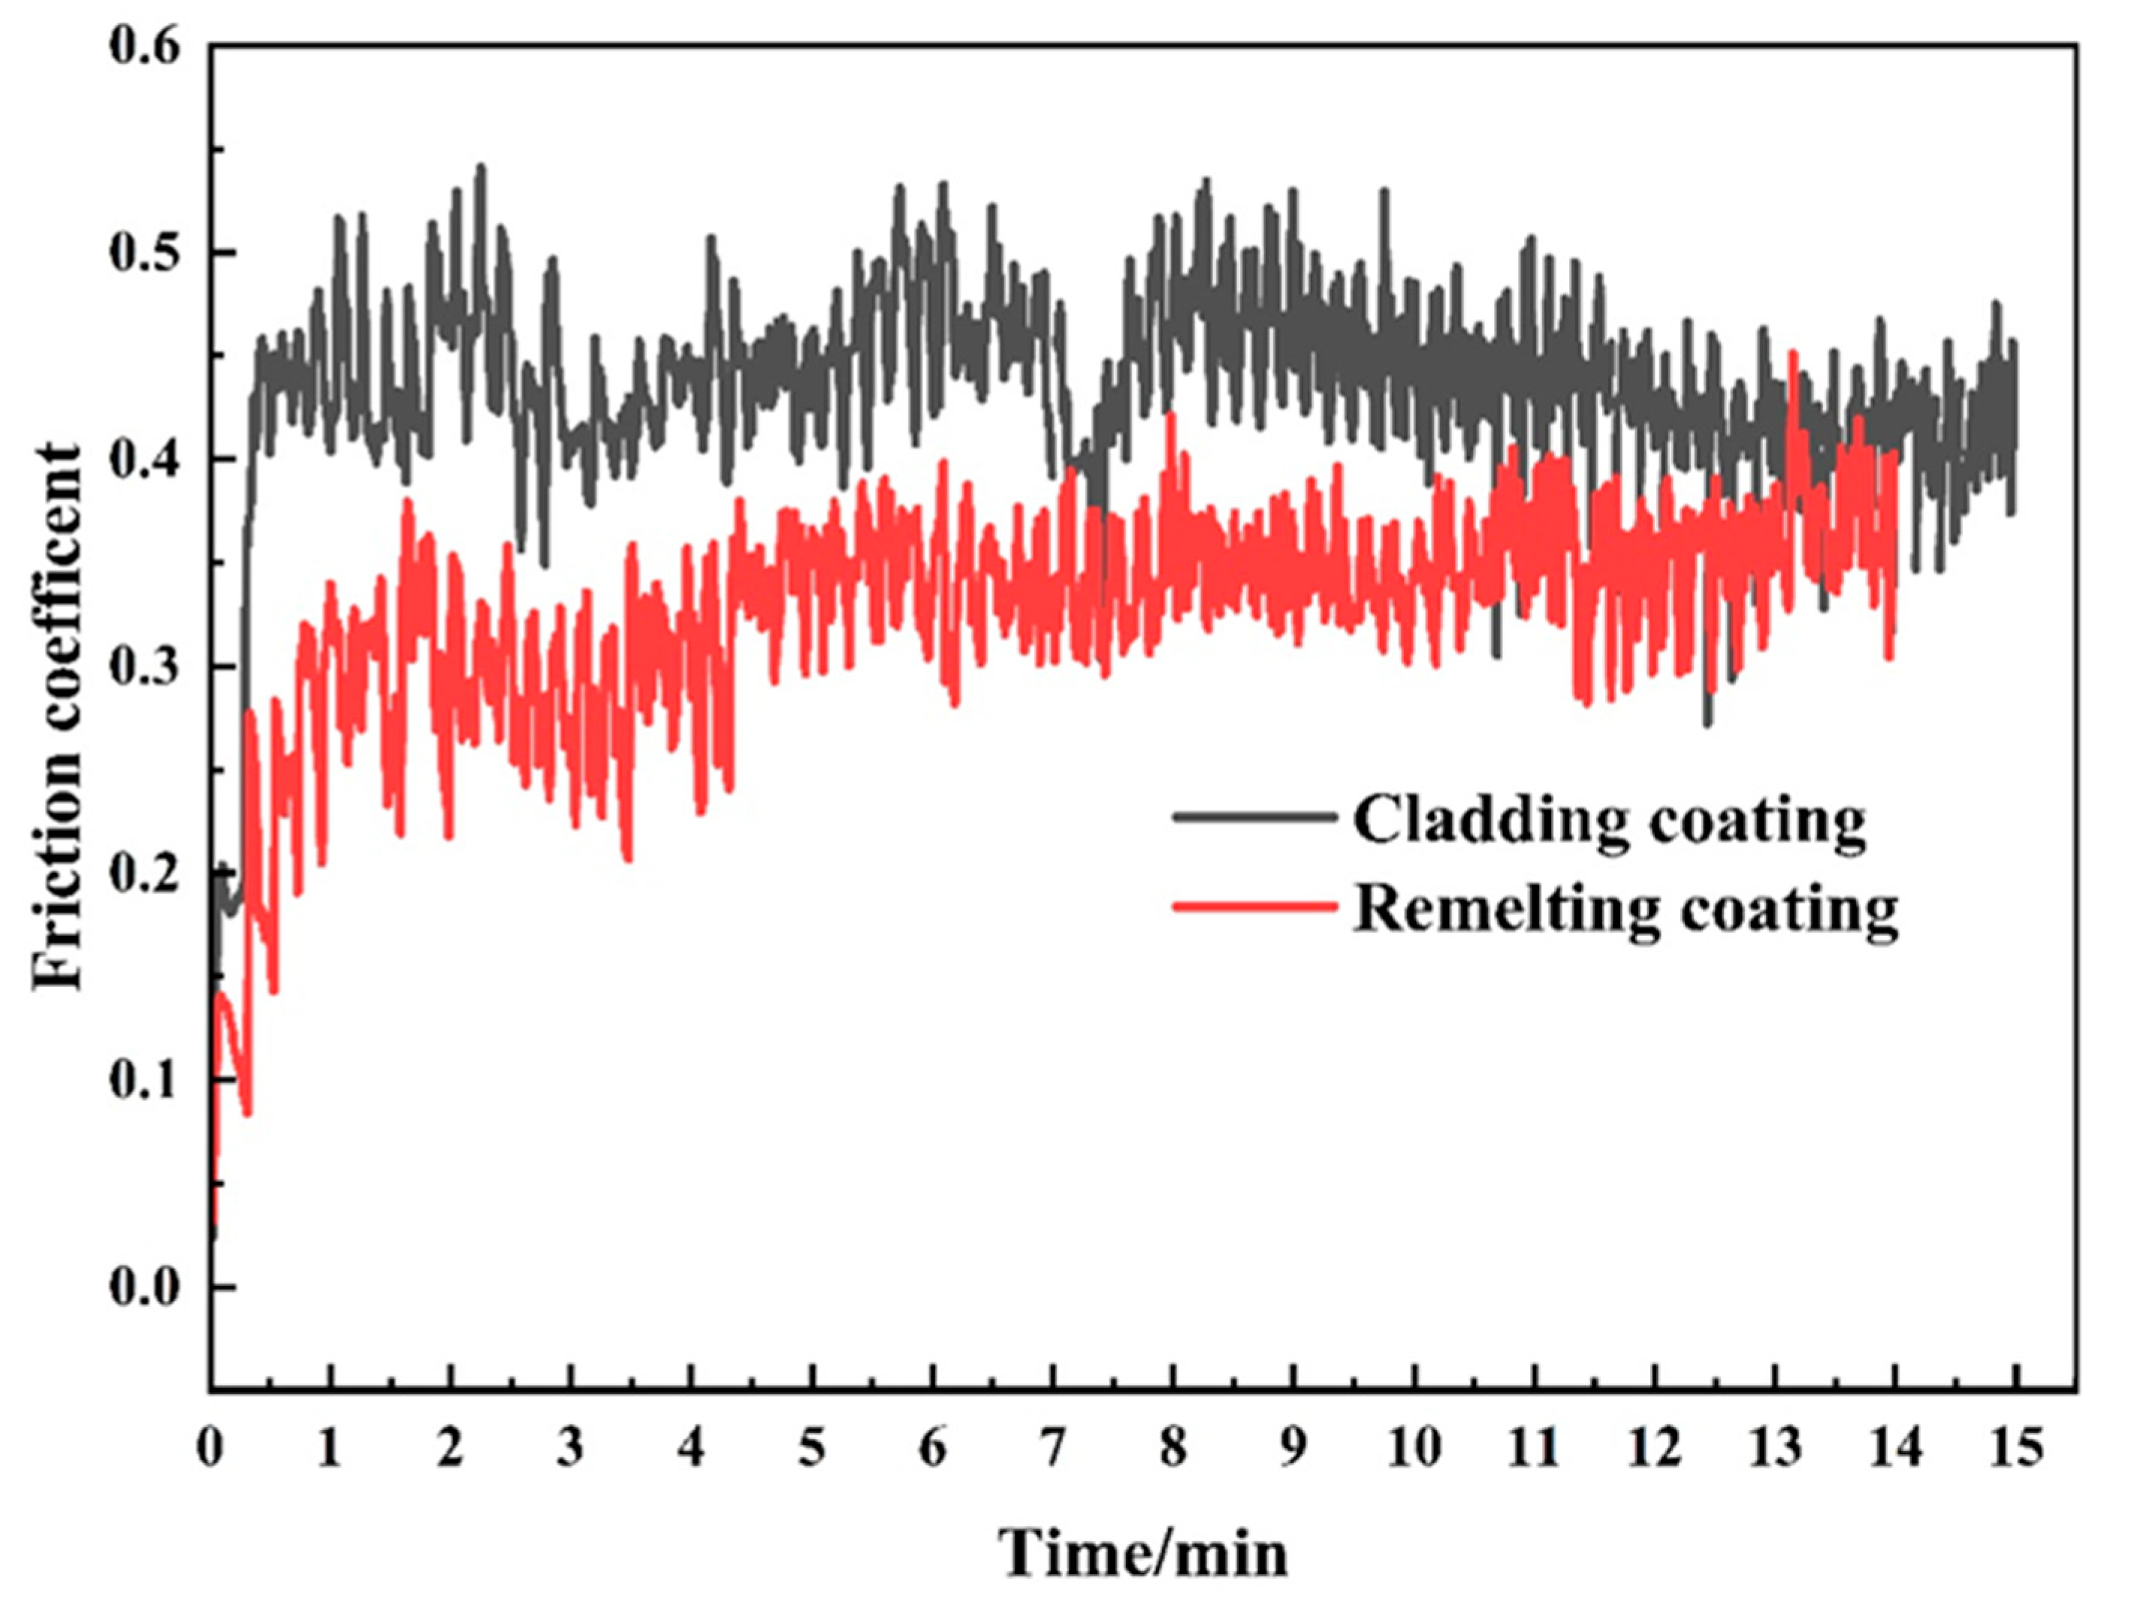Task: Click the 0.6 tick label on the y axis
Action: click(x=145, y=47)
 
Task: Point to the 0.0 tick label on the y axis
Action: click(x=145, y=1288)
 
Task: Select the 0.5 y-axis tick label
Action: click(x=145, y=254)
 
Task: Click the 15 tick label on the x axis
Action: click(x=2013, y=1449)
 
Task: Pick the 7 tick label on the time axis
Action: click(x=1052, y=1449)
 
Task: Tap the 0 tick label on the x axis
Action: click(x=210, y=1449)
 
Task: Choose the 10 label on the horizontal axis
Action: click(x=1413, y=1449)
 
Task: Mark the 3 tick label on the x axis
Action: click(x=571, y=1449)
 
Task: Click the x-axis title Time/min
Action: click(x=1144, y=1553)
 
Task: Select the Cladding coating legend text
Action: click(x=1609, y=820)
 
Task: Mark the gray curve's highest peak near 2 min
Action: click(x=481, y=167)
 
